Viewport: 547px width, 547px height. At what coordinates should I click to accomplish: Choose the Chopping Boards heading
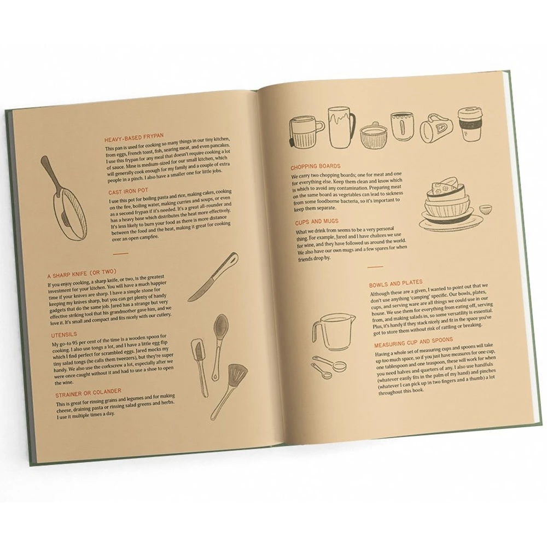click(317, 166)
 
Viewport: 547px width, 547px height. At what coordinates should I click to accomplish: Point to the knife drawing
click(213, 278)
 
